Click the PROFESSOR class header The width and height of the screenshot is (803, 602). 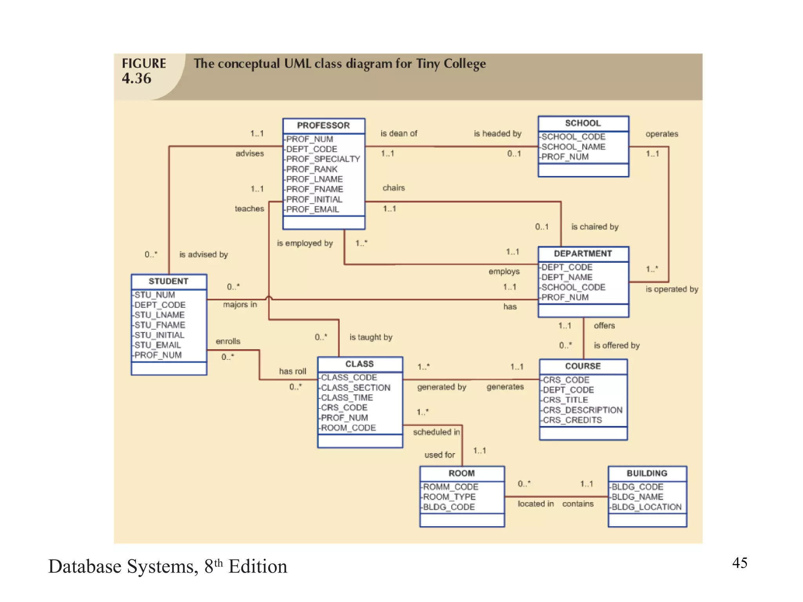(323, 125)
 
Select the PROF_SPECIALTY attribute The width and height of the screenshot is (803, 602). (323, 159)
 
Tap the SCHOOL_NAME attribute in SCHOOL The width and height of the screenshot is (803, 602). (573, 147)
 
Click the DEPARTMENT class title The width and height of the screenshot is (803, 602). (583, 254)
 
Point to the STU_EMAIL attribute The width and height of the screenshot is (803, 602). (158, 345)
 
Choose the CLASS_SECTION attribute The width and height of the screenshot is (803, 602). (356, 388)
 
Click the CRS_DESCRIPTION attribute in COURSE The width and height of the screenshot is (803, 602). (582, 410)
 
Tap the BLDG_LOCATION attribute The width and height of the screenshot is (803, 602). (646, 507)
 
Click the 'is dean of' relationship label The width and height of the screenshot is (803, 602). (399, 134)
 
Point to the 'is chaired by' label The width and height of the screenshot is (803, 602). (594, 227)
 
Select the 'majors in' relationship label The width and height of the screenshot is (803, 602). (240, 305)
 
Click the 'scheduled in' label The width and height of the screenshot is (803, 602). (436, 432)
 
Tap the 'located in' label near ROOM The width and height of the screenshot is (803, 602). (536, 504)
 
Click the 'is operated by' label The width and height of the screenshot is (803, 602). (672, 289)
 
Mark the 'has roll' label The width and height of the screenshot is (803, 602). (292, 371)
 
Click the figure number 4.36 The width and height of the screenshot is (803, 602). (136, 78)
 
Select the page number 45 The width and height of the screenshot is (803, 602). (739, 563)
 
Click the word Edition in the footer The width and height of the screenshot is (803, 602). (258, 567)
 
